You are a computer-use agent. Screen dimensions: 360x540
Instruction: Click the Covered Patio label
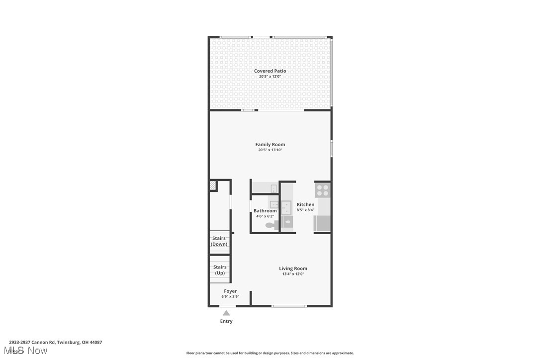click(x=270, y=71)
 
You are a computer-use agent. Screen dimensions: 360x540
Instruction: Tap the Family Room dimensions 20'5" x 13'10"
click(x=270, y=150)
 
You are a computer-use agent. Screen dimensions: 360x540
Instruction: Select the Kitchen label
click(x=305, y=204)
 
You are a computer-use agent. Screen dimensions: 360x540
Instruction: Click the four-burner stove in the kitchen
click(x=322, y=190)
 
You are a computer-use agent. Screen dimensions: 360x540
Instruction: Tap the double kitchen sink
click(x=286, y=207)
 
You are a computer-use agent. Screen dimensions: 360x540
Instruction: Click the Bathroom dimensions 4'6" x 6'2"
click(x=265, y=216)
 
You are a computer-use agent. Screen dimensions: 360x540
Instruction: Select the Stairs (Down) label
click(x=219, y=241)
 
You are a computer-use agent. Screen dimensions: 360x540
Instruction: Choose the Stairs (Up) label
click(x=220, y=270)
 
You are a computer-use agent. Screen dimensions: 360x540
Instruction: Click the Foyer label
click(x=230, y=291)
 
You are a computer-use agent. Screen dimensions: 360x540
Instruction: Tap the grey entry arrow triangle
click(x=226, y=313)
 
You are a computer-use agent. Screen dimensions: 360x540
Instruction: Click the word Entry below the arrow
click(x=226, y=321)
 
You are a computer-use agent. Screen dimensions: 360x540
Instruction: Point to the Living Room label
click(x=293, y=269)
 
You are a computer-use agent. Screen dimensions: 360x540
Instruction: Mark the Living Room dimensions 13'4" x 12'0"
click(x=293, y=274)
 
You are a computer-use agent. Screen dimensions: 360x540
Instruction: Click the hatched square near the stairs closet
click(x=213, y=185)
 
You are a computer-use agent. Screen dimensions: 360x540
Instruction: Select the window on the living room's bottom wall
click(x=289, y=306)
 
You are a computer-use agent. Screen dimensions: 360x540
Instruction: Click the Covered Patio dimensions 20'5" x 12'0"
click(x=270, y=77)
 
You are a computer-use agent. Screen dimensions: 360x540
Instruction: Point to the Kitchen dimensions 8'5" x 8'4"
click(x=305, y=210)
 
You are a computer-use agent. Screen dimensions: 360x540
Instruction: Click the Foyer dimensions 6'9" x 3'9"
click(x=230, y=297)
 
